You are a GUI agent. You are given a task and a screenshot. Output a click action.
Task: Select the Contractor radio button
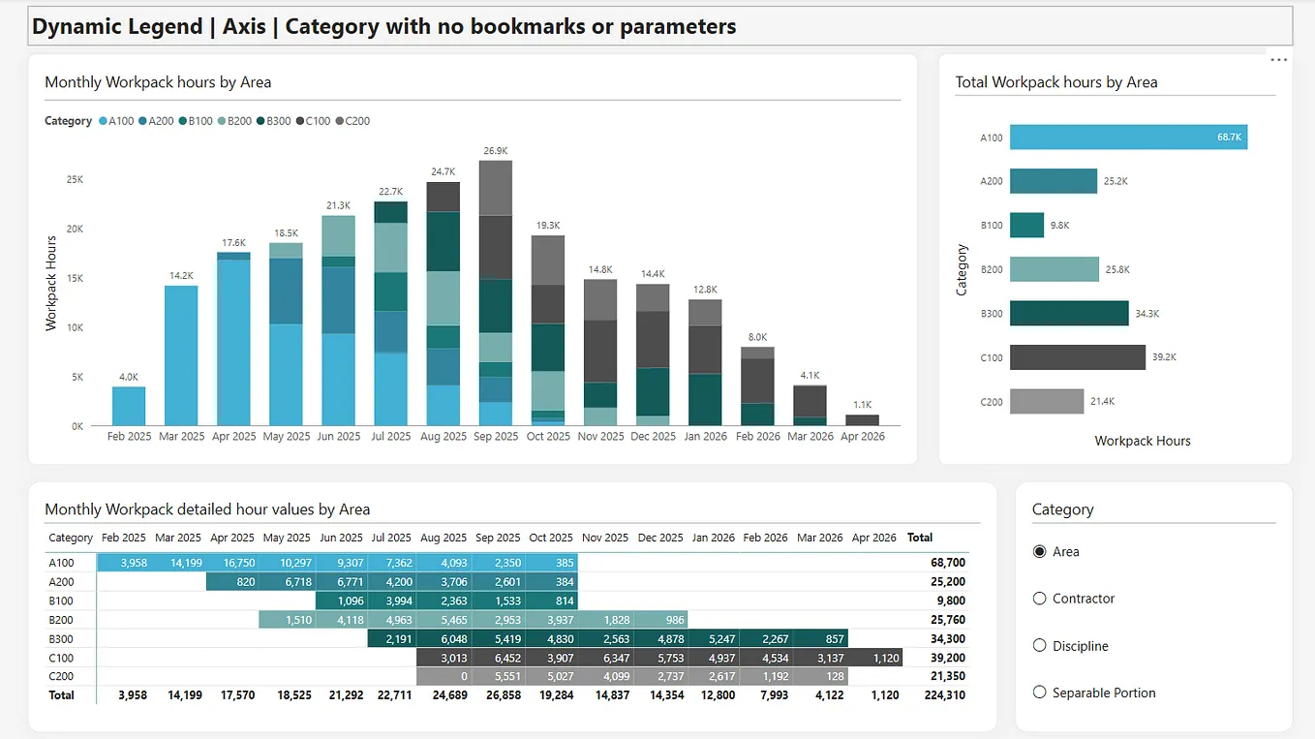(x=1040, y=599)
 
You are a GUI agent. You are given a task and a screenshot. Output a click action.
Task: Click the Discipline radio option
(x=1040, y=646)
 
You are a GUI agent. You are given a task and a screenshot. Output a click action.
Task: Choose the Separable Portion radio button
(x=1040, y=693)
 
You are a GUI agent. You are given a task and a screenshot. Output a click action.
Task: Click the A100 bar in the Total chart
(x=1128, y=138)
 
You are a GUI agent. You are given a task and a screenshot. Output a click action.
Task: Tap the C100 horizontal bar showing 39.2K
(x=1077, y=356)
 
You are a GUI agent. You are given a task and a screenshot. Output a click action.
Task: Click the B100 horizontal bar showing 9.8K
(x=1026, y=225)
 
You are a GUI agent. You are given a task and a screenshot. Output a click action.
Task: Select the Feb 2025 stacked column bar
(x=129, y=406)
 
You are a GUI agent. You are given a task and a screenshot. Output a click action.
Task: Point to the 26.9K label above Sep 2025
(x=495, y=151)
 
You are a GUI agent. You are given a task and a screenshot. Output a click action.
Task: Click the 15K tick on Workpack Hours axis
(x=75, y=278)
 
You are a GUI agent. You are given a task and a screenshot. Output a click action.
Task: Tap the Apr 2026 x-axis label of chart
(x=862, y=437)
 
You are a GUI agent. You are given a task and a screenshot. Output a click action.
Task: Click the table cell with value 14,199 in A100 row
(x=178, y=563)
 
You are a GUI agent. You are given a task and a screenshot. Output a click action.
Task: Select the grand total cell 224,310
(x=944, y=694)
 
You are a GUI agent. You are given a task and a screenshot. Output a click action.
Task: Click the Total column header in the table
(x=920, y=538)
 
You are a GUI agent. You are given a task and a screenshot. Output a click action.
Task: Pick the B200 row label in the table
(x=62, y=620)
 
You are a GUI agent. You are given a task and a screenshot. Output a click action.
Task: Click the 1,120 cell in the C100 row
(x=876, y=658)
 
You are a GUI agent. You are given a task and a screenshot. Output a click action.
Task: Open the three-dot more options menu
(x=1278, y=60)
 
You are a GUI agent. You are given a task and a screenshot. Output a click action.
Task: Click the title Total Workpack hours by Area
(x=1056, y=82)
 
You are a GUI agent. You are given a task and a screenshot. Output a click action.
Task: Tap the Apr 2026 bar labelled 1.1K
(x=862, y=420)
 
